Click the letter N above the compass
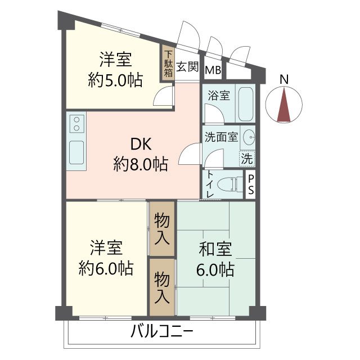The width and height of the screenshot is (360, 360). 285,80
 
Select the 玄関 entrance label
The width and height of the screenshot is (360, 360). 187,67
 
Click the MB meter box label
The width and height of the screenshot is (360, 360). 213,70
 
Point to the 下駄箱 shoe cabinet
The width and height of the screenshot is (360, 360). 168,63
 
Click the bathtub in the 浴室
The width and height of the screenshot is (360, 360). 245,103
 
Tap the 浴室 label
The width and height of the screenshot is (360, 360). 218,95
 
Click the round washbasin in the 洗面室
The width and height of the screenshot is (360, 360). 250,138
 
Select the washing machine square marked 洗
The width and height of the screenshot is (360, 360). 246,158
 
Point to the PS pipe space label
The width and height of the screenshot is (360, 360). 251,184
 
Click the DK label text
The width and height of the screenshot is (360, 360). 141,144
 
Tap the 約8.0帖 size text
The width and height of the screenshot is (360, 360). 141,164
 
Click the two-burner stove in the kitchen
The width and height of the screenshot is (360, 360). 76,123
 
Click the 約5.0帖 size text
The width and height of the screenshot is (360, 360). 115,79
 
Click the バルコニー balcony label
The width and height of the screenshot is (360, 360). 162,331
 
